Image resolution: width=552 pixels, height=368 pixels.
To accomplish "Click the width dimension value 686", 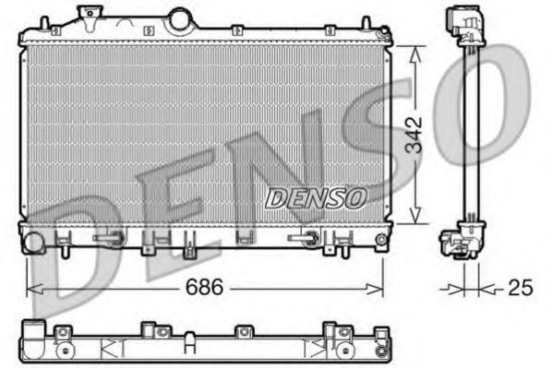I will click(x=206, y=287).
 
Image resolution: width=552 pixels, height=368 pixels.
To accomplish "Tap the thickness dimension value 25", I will click(x=521, y=288).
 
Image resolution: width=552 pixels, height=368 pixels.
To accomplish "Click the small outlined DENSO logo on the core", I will click(x=316, y=196).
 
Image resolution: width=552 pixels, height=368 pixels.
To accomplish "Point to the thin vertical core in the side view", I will click(x=468, y=129).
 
